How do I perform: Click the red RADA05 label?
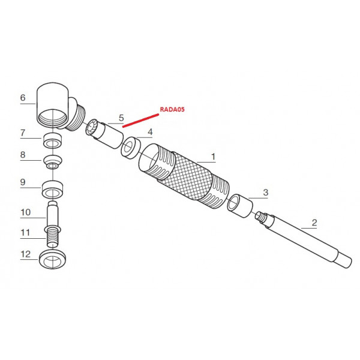[172, 109]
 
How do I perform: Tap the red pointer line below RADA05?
[140, 121]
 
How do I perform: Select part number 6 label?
[23, 98]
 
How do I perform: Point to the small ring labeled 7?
[53, 140]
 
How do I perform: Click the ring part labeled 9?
[53, 190]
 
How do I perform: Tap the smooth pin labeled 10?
[53, 214]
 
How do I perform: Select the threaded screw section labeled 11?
[53, 237]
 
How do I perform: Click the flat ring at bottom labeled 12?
[52, 260]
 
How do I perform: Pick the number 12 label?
[25, 254]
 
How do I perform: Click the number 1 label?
[213, 157]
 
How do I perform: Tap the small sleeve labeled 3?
[240, 206]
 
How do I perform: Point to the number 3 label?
[266, 192]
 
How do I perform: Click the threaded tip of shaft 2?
[260, 217]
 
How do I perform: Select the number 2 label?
[314, 223]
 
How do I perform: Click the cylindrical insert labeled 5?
[104, 133]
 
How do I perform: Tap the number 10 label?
[25, 212]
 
